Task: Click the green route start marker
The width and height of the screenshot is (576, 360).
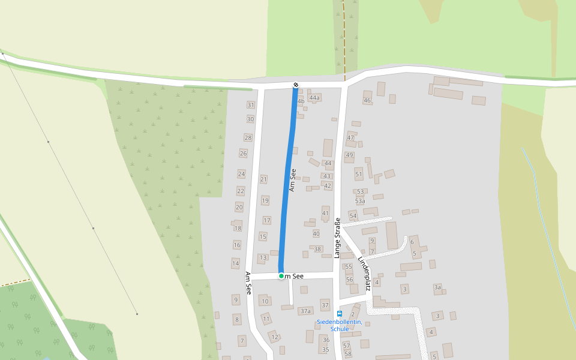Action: point(281,276)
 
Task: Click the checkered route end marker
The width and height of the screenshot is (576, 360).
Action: point(295,85)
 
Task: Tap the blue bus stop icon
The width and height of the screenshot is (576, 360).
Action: point(340,313)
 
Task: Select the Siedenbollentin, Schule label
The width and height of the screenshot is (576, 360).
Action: point(339,325)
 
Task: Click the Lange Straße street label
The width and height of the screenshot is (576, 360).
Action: point(337,238)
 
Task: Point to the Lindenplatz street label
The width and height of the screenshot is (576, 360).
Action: point(365,274)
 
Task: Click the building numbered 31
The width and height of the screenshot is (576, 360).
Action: point(251,105)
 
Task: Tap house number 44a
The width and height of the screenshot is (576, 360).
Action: point(314,97)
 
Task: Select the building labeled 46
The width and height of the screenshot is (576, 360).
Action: point(367,100)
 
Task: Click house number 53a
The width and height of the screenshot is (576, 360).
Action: point(360,201)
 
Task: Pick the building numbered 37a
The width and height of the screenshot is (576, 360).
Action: point(305,311)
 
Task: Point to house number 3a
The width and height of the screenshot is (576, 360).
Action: point(437,287)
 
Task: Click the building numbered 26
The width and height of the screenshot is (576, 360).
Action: point(244,154)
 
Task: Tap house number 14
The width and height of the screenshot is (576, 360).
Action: point(236,263)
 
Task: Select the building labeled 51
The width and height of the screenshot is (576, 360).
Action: point(359,175)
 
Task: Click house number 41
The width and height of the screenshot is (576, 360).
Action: point(326,213)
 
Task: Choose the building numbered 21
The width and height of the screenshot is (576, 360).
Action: point(263,179)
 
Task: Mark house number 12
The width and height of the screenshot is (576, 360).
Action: point(274,337)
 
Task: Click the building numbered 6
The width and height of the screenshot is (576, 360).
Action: point(412,242)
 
